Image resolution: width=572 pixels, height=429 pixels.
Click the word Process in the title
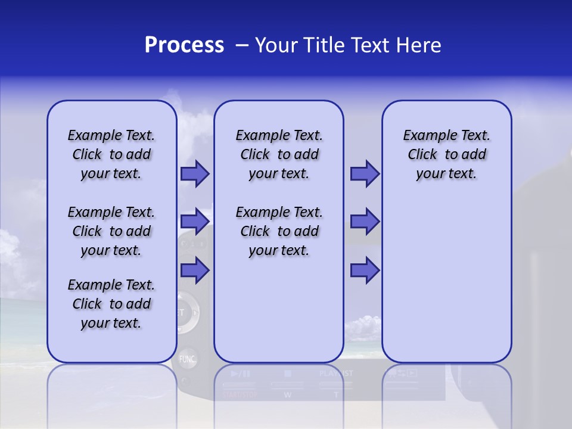[x=184, y=45]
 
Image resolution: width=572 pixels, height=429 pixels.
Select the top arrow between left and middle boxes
[x=195, y=174]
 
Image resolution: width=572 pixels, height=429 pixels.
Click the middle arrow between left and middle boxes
[x=195, y=222]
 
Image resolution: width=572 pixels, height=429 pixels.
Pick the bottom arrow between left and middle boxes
[x=195, y=270]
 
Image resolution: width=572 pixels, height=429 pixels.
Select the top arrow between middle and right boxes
[x=365, y=174]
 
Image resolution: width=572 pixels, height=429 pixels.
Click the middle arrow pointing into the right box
[x=365, y=222]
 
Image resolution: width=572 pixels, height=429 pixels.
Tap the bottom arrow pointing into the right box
[x=365, y=270]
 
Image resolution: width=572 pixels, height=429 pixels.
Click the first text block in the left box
[x=111, y=154]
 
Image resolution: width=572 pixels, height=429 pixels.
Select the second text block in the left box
[x=111, y=231]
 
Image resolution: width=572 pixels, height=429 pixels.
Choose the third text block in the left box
[x=111, y=304]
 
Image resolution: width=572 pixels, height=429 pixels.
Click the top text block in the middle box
[x=279, y=154]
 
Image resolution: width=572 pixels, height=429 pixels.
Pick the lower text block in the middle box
[x=279, y=231]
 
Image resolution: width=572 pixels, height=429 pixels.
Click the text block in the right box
[x=446, y=154]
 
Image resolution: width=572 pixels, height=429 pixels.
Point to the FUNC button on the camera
[x=187, y=359]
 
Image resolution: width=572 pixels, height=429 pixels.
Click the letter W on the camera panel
[x=287, y=394]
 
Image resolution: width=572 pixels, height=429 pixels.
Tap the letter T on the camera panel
[x=335, y=394]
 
